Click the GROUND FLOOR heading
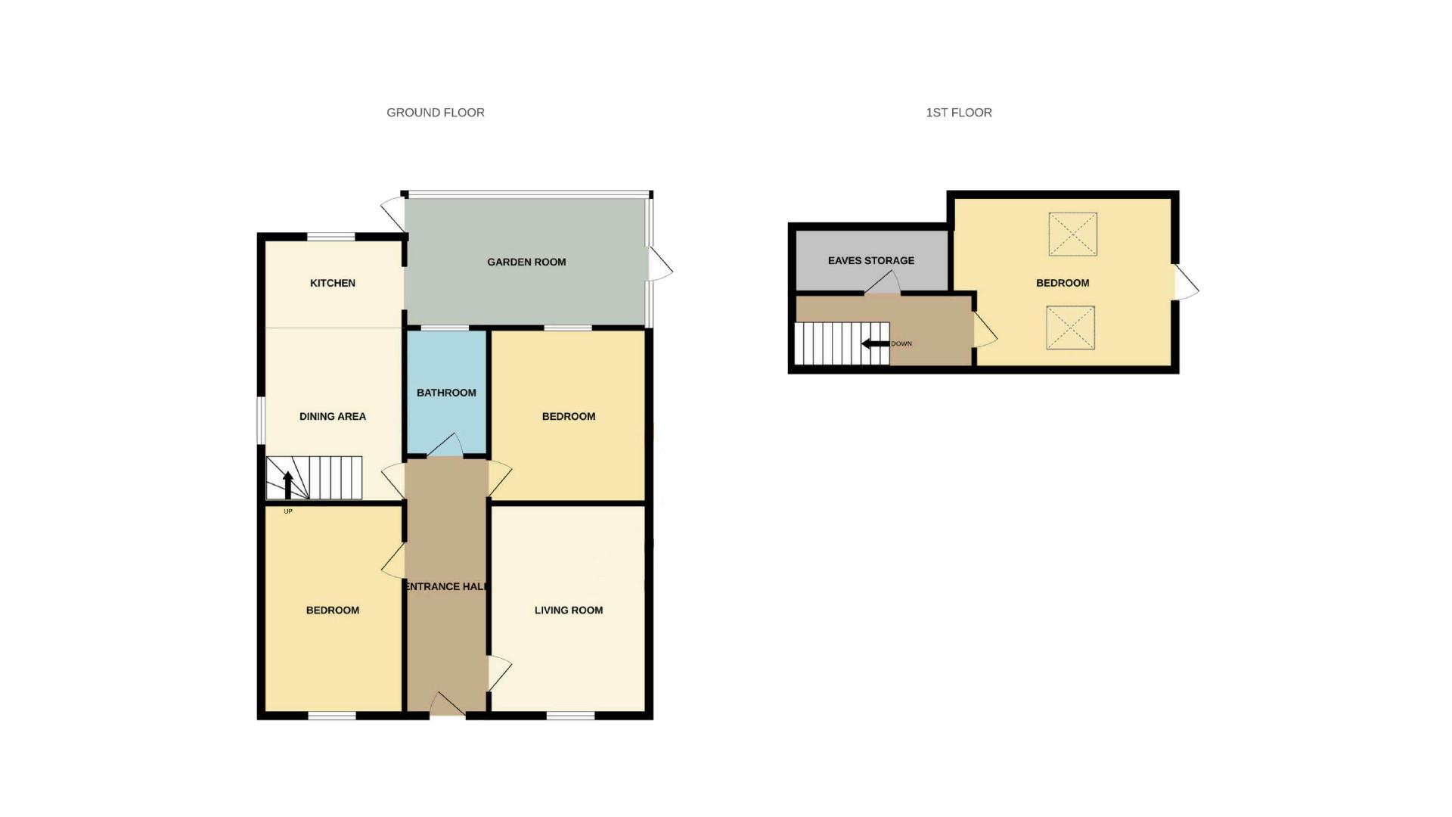coord(435,113)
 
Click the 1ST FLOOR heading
coord(958,113)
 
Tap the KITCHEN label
coord(332,283)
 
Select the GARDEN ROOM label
coord(526,262)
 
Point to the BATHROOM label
coord(446,393)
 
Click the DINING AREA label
coord(332,416)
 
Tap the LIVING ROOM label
coord(568,610)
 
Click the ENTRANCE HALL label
coord(446,586)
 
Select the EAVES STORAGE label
coord(870,260)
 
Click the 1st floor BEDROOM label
coord(1062,283)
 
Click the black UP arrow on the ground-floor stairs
coord(287,485)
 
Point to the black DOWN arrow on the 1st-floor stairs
coord(875,344)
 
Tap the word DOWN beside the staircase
coord(901,344)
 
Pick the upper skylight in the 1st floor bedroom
coord(1072,234)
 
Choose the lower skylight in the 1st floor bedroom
coord(1070,328)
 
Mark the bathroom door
coord(445,446)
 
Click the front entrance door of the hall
coord(447,704)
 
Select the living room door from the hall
coord(499,673)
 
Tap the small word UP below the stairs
coord(287,511)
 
